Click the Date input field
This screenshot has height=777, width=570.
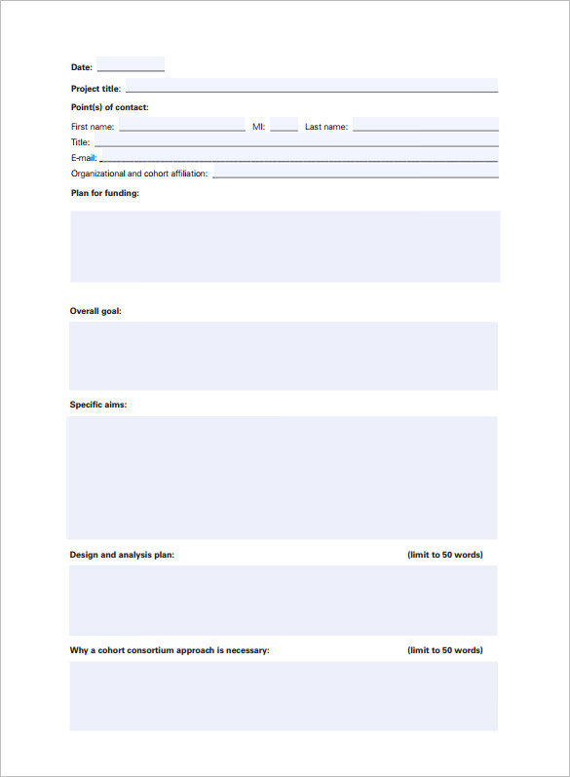[x=131, y=65]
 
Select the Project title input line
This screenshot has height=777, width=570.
[x=310, y=87]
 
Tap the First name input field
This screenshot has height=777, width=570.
[x=181, y=125]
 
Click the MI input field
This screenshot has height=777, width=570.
[x=284, y=125]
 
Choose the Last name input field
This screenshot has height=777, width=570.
[x=425, y=125]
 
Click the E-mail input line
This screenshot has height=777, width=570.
[x=298, y=157]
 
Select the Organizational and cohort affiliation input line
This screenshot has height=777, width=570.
[x=355, y=173]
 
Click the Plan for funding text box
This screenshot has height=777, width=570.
[x=285, y=247]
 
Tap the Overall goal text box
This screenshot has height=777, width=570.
[x=284, y=356]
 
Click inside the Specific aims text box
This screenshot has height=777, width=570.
[x=282, y=478]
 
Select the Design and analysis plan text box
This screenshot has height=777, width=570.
[x=284, y=601]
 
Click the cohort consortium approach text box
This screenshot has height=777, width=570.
[x=284, y=696]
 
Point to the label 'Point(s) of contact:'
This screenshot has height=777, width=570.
[x=110, y=107]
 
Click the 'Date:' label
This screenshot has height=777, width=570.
[x=82, y=67]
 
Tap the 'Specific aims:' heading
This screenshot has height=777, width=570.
[x=97, y=405]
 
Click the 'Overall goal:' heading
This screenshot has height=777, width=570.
[x=95, y=311]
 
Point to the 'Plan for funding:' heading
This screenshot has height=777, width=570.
[x=105, y=193]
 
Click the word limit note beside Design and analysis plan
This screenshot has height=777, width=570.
[x=444, y=555]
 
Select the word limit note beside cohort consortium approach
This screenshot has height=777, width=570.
[x=444, y=650]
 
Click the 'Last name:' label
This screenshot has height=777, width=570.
[x=325, y=127]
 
